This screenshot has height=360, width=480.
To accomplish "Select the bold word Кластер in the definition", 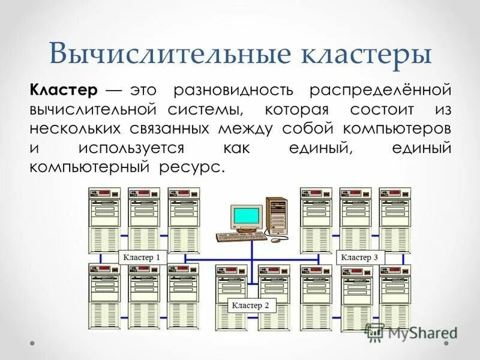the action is [63, 91].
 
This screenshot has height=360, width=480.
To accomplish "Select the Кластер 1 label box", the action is [142, 257].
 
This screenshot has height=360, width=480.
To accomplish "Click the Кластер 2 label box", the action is [251, 305].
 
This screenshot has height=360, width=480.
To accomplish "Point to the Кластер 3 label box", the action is [360, 257].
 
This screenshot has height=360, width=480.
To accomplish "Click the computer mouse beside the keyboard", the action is [275, 240].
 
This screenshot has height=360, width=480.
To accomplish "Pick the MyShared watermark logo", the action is [412, 332].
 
